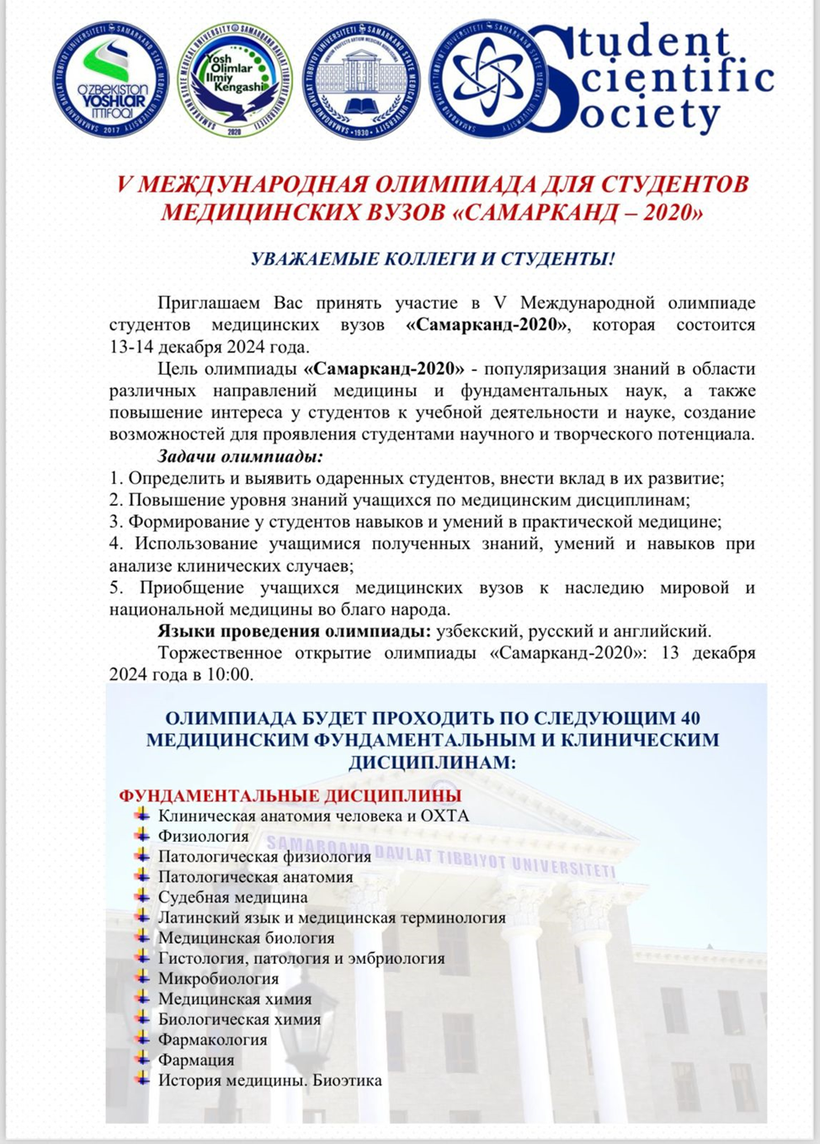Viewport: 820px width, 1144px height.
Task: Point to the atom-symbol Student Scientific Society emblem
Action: [x=482, y=78]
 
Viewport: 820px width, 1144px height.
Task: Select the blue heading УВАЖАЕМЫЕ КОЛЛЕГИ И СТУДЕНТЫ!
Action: [x=433, y=258]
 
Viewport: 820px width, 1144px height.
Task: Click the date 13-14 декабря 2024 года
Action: [x=209, y=347]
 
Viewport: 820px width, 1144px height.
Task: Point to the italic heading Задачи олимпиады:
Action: [x=241, y=457]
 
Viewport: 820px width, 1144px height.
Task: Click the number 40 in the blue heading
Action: [x=688, y=718]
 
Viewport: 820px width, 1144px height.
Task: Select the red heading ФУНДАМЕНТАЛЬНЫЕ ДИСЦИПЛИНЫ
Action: [x=290, y=795]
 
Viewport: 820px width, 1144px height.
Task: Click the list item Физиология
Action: [x=203, y=836]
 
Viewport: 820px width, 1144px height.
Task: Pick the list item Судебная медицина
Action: [x=232, y=897]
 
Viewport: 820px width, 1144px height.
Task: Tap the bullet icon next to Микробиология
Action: [x=141, y=977]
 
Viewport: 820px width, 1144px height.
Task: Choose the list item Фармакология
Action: [x=212, y=1040]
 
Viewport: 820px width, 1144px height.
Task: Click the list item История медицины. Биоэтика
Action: [x=269, y=1080]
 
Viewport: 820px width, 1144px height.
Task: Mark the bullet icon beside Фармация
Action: [x=141, y=1059]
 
